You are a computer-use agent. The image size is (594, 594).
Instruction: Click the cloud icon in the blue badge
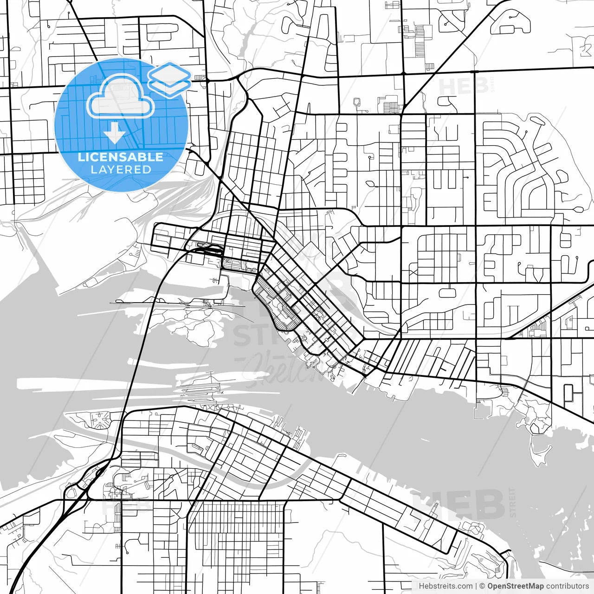click(x=120, y=97)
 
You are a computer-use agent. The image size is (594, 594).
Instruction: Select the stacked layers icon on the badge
click(x=169, y=79)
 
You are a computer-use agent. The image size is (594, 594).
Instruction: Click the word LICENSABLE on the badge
click(x=120, y=157)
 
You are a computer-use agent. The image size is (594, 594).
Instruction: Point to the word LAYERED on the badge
click(x=121, y=170)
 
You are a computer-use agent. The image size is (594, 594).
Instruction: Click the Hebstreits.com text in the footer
click(x=445, y=586)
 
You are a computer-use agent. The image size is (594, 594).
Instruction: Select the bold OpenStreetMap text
click(x=515, y=586)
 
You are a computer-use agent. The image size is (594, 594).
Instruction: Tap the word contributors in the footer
click(x=568, y=586)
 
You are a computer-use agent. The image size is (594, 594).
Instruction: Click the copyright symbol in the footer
click(x=482, y=586)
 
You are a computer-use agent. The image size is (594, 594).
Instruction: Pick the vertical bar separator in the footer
click(x=476, y=586)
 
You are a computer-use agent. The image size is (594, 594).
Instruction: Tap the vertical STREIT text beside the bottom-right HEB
click(x=513, y=502)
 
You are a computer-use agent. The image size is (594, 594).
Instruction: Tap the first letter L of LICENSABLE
click(x=81, y=157)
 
